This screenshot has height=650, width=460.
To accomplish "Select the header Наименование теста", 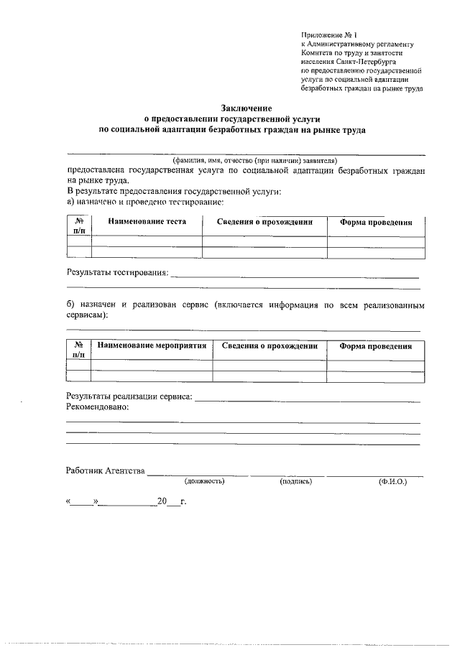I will pos(147,222).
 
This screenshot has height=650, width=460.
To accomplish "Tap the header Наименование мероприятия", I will pos(152,345).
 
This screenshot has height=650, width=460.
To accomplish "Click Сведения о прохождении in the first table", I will pos(264,222).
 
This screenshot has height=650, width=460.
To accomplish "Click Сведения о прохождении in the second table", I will pos(270,345).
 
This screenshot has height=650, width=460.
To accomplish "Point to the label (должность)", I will pos(205,481).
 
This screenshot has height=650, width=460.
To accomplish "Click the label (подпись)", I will pos(295,481).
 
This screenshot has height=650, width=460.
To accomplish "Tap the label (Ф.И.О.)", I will pos(392,481).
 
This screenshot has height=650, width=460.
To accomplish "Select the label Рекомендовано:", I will pos(98,407).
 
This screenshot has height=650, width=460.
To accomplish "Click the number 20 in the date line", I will pos(162,501).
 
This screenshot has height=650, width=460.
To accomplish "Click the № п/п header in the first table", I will pos(79,226).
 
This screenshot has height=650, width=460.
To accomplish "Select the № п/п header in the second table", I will pos(79,350).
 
